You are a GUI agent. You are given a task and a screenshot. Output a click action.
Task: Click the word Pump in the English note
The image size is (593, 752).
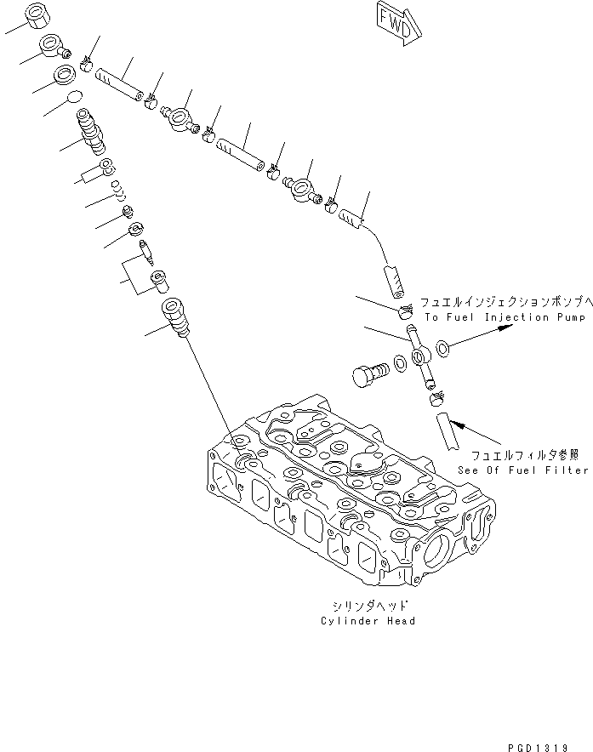pyautogui.click(x=569, y=317)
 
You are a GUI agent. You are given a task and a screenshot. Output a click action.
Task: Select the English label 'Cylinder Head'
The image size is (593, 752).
pyautogui.click(x=368, y=621)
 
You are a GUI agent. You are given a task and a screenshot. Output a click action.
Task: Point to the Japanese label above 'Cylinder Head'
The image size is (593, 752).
pyautogui.click(x=368, y=607)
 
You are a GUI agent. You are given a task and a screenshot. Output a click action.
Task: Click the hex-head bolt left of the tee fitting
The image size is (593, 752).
pyautogui.click(x=368, y=374)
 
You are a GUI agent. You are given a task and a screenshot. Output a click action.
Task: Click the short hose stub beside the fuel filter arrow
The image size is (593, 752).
pyautogui.click(x=446, y=432)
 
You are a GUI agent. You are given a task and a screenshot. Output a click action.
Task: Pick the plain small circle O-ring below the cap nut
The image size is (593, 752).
pyautogui.click(x=74, y=98)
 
